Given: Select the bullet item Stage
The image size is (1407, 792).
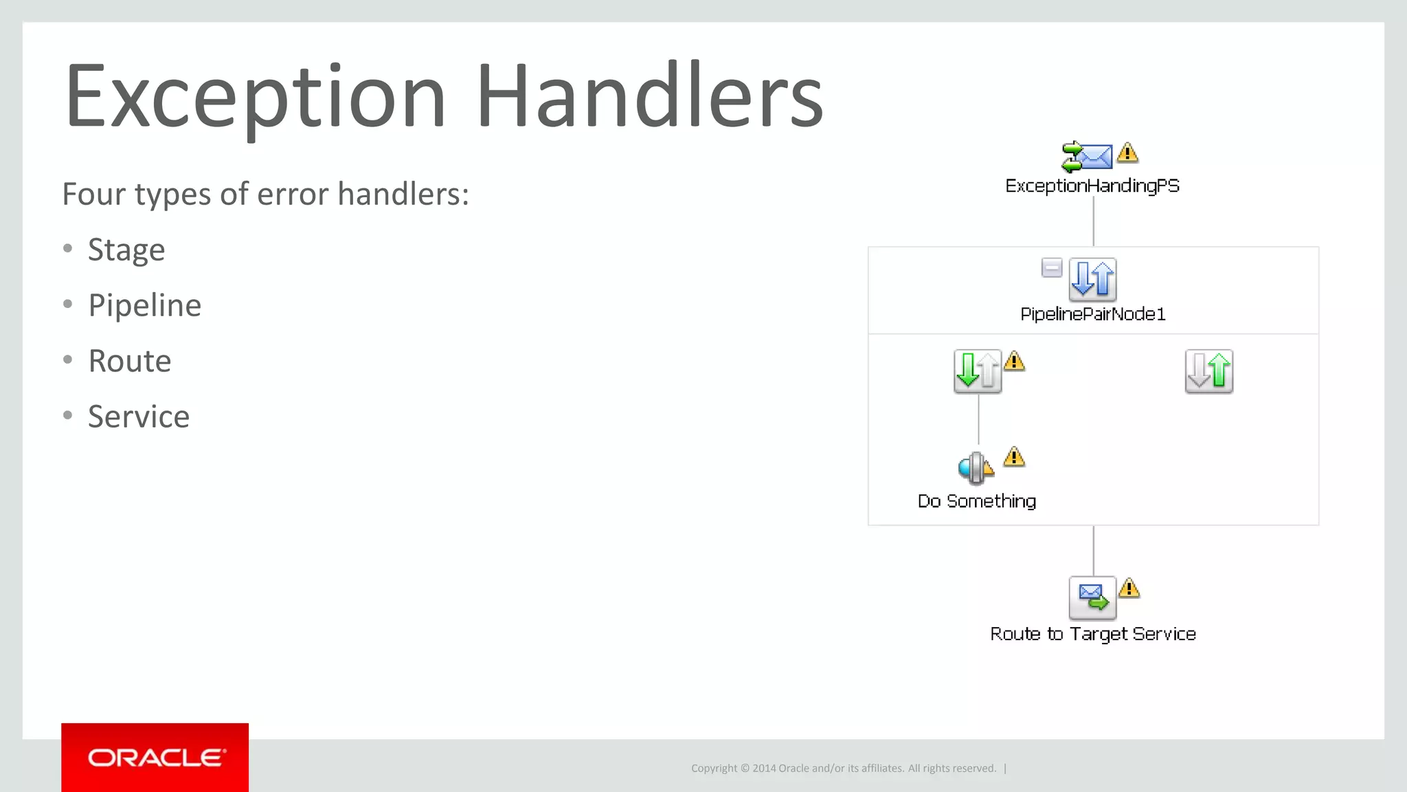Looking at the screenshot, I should pyautogui.click(x=126, y=250).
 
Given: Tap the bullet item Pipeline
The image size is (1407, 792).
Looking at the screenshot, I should pyautogui.click(x=144, y=306).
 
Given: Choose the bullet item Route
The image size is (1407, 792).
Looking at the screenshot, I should pyautogui.click(x=130, y=362).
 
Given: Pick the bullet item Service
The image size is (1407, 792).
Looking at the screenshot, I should pyautogui.click(x=139, y=417).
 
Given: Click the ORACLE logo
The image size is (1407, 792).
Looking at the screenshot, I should pyautogui.click(x=155, y=758).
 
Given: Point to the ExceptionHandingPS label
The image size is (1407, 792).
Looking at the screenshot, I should pyautogui.click(x=1092, y=186).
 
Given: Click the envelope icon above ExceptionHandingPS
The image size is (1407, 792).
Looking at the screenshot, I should pyautogui.click(x=1087, y=157).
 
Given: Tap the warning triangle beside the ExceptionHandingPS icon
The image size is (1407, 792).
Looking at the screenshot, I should pyautogui.click(x=1127, y=153).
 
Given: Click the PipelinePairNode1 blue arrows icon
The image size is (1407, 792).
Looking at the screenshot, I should pyautogui.click(x=1092, y=279).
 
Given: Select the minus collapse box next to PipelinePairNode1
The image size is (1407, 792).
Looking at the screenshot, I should pyautogui.click(x=1051, y=267).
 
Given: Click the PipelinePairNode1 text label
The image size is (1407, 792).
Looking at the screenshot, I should pyautogui.click(x=1092, y=315).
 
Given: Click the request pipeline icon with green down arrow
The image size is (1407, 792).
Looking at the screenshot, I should pyautogui.click(x=977, y=371).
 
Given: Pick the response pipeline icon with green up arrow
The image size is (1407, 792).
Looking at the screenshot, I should pyautogui.click(x=1208, y=371).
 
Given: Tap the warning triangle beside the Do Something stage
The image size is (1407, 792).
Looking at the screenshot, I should pyautogui.click(x=1014, y=457).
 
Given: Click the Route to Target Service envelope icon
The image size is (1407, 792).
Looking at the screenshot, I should pyautogui.click(x=1092, y=597).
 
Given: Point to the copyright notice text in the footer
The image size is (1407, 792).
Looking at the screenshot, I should pyautogui.click(x=843, y=769).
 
